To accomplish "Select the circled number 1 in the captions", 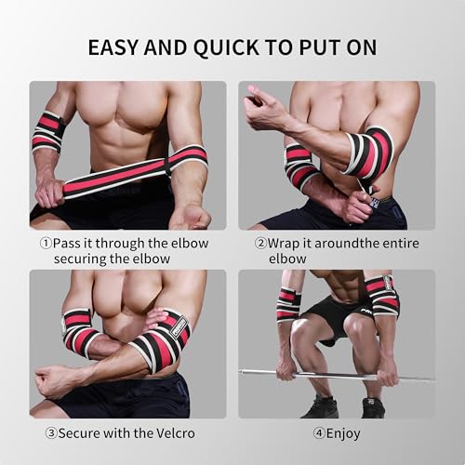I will point(46,244).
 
